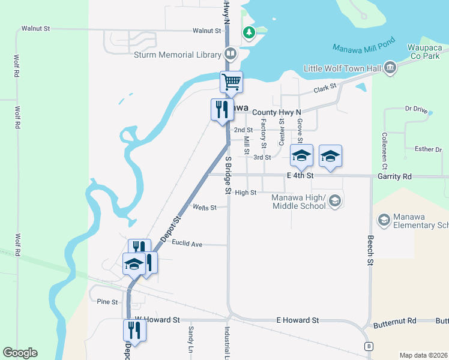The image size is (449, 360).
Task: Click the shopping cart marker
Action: [x=231, y=82]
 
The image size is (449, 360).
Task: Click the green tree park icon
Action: [x=248, y=32]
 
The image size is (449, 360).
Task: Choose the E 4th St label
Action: [x=300, y=176]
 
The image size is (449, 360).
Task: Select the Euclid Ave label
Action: [x=187, y=244]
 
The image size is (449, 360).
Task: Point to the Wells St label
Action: [x=204, y=208]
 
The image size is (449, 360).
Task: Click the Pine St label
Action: [x=107, y=302]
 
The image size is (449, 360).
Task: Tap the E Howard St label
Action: [x=297, y=320]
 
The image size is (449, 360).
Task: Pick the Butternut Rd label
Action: [x=394, y=323]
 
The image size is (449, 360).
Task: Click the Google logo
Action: [x=20, y=353]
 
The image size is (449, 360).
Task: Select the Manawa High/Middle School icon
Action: [x=336, y=201]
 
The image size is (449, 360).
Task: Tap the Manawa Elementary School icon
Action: [x=384, y=220]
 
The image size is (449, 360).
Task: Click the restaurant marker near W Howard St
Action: [x=134, y=330]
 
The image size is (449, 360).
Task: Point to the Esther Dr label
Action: [x=428, y=149]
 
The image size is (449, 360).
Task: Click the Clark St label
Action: [x=324, y=89]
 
